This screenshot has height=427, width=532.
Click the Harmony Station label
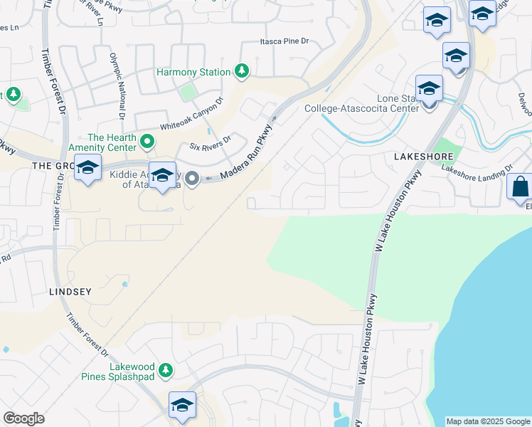pyautogui.click(x=193, y=72)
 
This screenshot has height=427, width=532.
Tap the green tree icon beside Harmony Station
pyautogui.click(x=243, y=71)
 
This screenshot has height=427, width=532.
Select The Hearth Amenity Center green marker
pyautogui.click(x=148, y=141)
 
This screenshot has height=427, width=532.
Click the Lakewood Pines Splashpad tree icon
pyautogui.click(x=166, y=370)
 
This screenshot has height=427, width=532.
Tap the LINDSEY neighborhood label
pyautogui.click(x=71, y=292)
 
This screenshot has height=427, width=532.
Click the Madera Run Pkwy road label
pyautogui.click(x=246, y=154)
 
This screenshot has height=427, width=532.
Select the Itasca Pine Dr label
pyautogui.click(x=284, y=42)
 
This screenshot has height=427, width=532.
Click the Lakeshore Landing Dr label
pyautogui.click(x=476, y=169)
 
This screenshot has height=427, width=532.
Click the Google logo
pyautogui.click(x=23, y=418)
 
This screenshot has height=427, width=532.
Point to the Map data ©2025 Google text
pyautogui.click(x=487, y=421)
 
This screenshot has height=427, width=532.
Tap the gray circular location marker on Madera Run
pyautogui.click(x=193, y=179)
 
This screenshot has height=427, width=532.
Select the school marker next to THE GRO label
pyautogui.click(x=87, y=169)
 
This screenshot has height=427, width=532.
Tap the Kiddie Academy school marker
pyautogui.click(x=163, y=175)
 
